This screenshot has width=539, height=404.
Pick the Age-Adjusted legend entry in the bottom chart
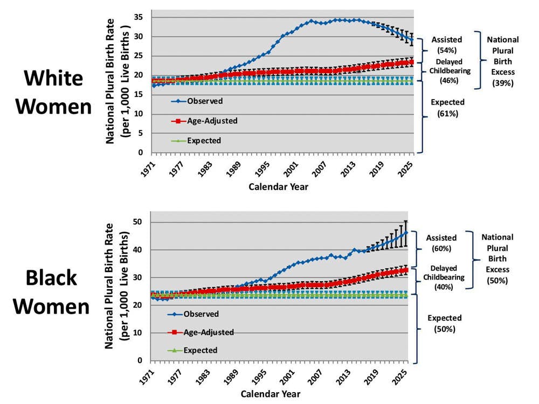pyautogui.click(x=208, y=332)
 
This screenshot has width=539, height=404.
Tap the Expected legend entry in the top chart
pyautogui.click(x=204, y=141)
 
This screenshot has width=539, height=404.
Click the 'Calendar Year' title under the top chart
pyautogui.click(x=279, y=187)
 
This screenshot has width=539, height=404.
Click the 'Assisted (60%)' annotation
pyautogui.click(x=441, y=243)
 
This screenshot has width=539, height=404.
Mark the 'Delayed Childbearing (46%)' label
pyautogui.click(x=447, y=71)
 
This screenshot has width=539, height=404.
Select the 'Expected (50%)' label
pyautogui.click(x=444, y=323)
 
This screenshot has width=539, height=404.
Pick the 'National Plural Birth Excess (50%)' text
pyautogui.click(x=497, y=259)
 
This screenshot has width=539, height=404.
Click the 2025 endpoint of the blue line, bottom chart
pyautogui.click(x=406, y=232)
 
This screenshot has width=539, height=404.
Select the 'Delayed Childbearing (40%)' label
pyautogui.click(x=444, y=277)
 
